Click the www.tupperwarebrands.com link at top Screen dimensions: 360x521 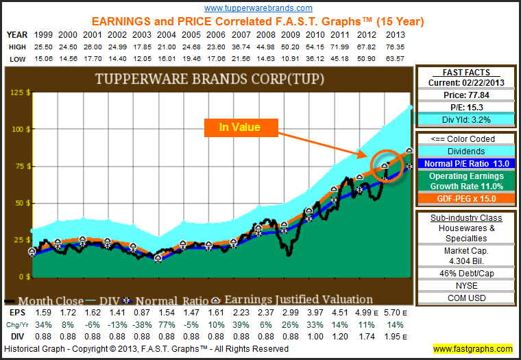coord(258,8)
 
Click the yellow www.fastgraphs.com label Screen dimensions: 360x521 coord(472,348)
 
